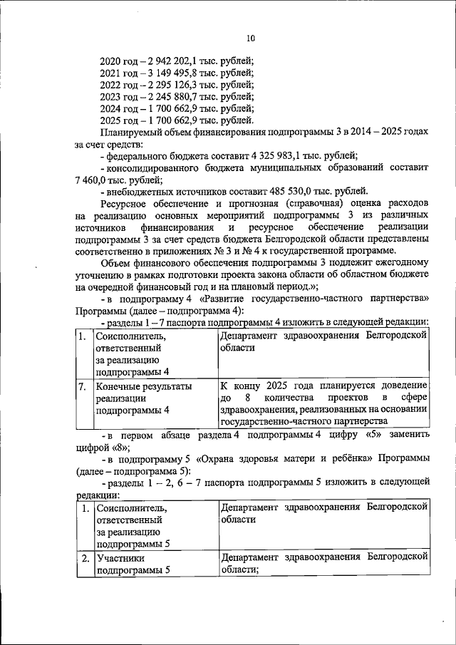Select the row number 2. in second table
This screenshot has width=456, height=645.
tap(85, 557)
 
